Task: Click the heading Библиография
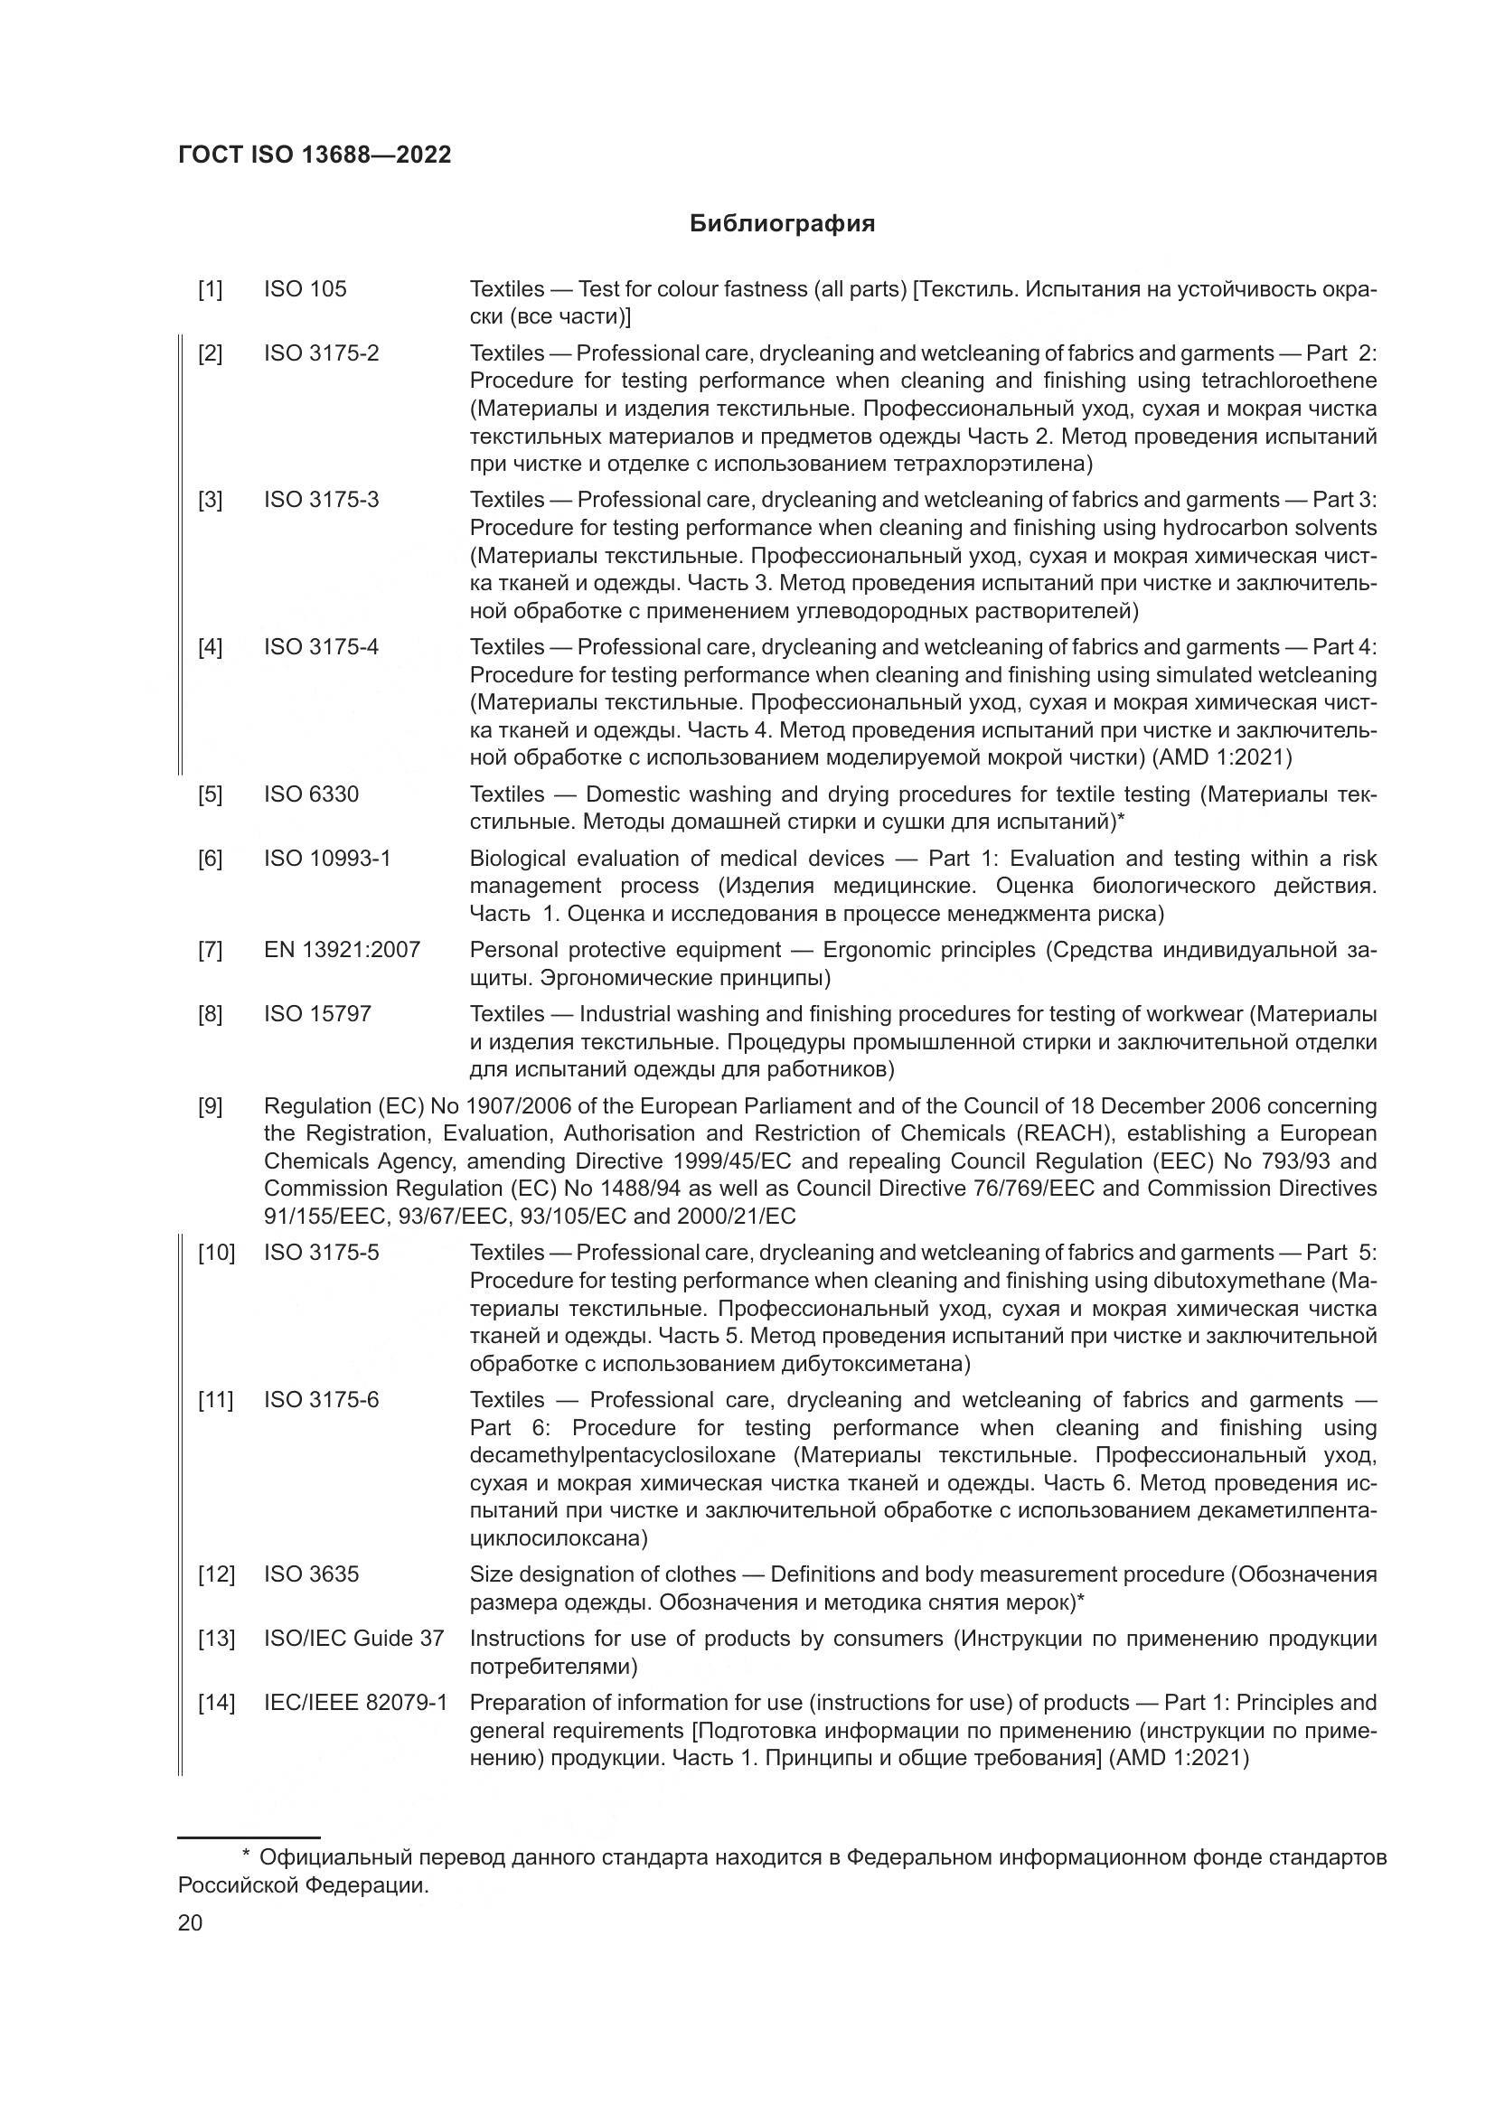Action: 782,224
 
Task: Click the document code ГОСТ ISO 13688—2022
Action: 315,155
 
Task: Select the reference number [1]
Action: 210,289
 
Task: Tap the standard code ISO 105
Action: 305,289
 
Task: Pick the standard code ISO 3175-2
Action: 321,353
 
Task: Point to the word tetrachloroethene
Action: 1289,381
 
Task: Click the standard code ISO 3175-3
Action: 321,500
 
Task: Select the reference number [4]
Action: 210,647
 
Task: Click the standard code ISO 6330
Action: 311,794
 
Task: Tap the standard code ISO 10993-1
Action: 327,858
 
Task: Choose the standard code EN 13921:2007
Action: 342,949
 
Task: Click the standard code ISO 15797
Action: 317,1014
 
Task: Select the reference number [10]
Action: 216,1252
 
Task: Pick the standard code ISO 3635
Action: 311,1574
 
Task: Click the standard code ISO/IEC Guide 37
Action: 353,1638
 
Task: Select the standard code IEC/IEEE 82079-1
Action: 355,1703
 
